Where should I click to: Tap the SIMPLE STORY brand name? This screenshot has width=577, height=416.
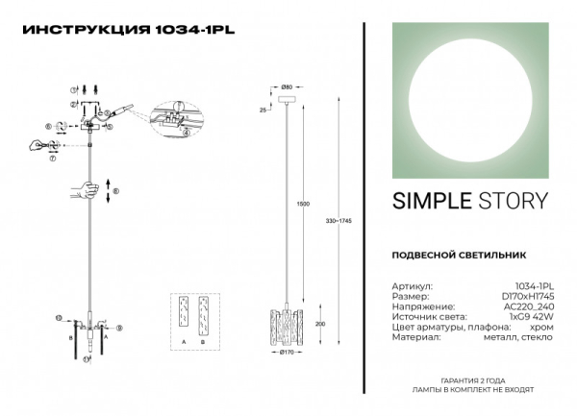tap(470, 201)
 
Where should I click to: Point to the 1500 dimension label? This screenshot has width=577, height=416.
tap(302, 204)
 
